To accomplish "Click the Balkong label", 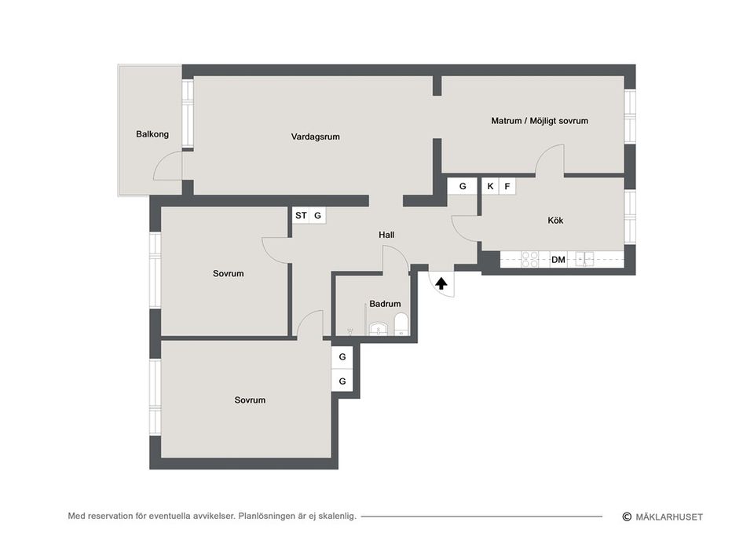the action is tap(152, 134).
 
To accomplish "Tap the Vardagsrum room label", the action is tap(316, 137).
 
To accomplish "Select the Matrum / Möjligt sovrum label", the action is tap(540, 121).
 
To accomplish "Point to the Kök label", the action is tap(555, 221).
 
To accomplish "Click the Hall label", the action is tap(386, 235).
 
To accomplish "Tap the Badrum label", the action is tap(385, 304).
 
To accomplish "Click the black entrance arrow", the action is tap(441, 283).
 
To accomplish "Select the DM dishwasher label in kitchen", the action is tap(558, 260).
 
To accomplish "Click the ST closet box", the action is tap(301, 215).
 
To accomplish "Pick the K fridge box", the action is tap(490, 186).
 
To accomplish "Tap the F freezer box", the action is tap(507, 186).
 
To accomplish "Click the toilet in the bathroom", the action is tap(401, 324).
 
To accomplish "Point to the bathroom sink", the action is tap(379, 329).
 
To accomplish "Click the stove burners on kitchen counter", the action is tap(529, 260).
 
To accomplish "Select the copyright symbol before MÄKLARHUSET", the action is tap(627, 517).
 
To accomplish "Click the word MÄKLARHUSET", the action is tap(669, 517).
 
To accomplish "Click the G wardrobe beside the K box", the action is tap(463, 186).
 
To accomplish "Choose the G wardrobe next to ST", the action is tap(317, 215).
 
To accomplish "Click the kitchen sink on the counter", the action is tap(584, 260).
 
